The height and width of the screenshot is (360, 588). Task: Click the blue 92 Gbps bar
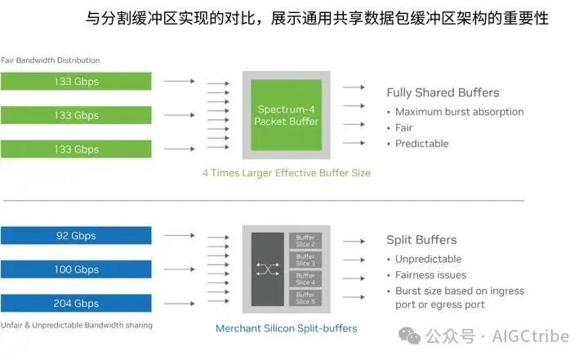click(76, 236)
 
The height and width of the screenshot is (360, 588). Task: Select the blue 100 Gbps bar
click(76, 269)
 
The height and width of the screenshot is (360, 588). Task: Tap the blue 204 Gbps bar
click(76, 303)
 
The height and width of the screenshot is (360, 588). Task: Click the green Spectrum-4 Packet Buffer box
click(286, 115)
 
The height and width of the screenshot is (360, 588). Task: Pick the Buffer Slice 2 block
click(305, 240)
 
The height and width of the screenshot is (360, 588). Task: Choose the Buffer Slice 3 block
click(305, 260)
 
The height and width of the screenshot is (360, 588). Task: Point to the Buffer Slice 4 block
click(305, 279)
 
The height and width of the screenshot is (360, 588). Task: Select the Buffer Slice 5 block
click(305, 298)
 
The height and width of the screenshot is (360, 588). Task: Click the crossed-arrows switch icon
click(267, 269)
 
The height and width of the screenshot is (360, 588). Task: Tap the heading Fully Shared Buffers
click(443, 92)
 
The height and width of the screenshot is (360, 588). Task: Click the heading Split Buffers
click(421, 240)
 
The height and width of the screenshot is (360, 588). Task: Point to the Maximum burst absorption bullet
click(459, 112)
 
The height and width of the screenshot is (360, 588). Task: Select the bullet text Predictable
click(421, 144)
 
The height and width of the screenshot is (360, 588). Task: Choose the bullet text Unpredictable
click(428, 259)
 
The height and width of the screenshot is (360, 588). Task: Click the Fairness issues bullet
click(430, 275)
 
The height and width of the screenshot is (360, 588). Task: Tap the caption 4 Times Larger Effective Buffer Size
click(286, 173)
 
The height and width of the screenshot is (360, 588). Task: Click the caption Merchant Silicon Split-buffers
click(286, 329)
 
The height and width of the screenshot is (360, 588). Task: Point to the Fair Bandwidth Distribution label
click(50, 60)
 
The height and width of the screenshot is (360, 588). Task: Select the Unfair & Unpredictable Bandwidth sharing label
click(76, 325)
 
